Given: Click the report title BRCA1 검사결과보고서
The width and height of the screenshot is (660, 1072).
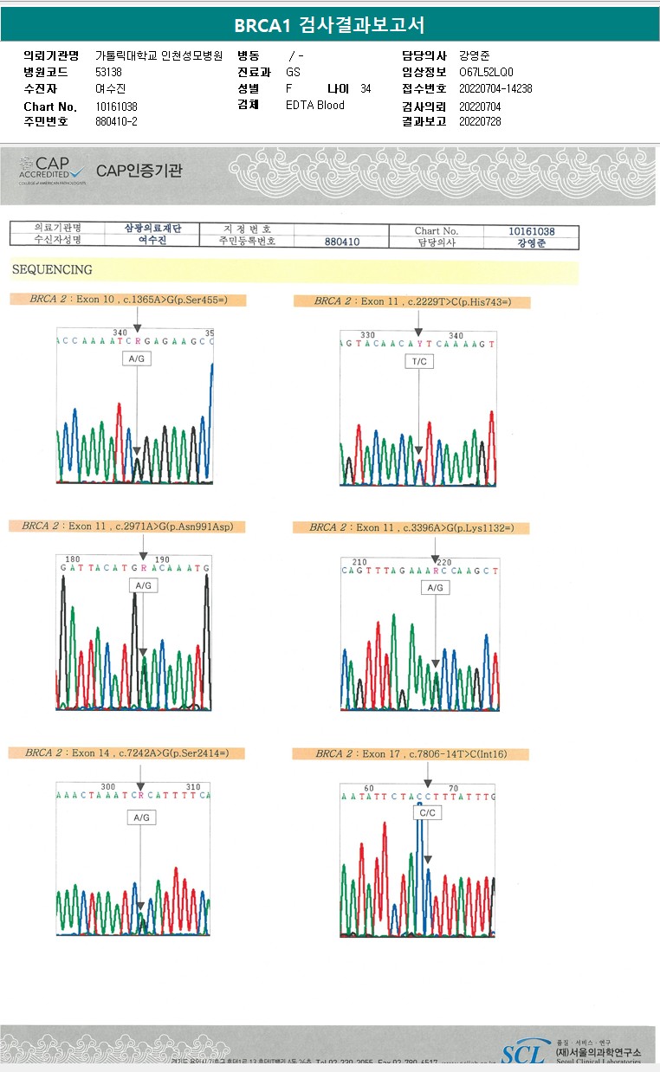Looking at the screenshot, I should pos(329,25).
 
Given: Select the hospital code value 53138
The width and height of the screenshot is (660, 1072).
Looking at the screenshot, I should pos(108,73).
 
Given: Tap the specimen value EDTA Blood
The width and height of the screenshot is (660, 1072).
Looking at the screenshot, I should pos(315,106).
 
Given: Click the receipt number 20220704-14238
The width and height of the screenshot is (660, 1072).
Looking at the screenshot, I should pos(496,89).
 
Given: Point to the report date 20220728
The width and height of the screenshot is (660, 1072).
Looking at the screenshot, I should pos(480,122).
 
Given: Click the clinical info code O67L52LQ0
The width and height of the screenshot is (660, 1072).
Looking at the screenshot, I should pos(486,73).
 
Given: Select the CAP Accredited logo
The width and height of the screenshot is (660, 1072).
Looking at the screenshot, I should pos(51,170).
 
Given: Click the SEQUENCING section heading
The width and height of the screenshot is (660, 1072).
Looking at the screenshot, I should pos(52,270).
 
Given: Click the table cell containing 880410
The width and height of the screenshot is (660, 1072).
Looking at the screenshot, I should pos(342,242).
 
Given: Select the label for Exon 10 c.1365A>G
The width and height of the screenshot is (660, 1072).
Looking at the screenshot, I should pos(126,300).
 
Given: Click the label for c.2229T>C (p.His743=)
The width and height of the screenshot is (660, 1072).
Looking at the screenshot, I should pos(411,301).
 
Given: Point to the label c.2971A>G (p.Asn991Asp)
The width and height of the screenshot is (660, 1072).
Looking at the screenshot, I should pos(126,526).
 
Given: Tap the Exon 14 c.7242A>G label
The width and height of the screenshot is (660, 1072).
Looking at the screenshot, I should pos(126,753).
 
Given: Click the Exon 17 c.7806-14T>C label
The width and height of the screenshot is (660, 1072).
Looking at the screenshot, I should pos(411,754).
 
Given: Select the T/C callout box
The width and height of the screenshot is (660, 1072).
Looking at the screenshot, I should pos(418,361).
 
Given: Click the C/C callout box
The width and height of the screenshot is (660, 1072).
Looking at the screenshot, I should pos(427,813).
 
